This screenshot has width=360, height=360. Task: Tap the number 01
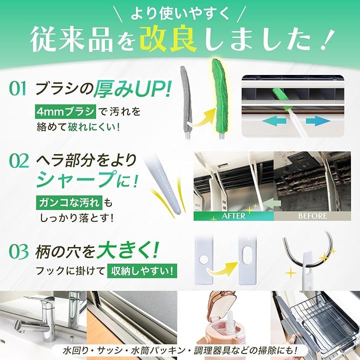click(17, 89)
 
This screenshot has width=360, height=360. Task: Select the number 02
click(19, 161)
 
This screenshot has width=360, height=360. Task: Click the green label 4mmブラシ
click(65, 112)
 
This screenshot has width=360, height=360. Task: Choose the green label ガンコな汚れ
click(69, 202)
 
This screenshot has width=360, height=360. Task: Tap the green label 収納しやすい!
click(142, 271)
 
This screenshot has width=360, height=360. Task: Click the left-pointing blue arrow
click(274, 121)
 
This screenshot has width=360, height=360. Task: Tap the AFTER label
click(233, 216)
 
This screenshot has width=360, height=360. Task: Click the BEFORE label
click(312, 216)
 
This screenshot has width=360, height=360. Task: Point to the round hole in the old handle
click(203, 259)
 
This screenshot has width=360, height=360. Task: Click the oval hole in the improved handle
click(247, 256)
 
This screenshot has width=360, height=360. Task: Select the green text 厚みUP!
click(132, 89)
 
